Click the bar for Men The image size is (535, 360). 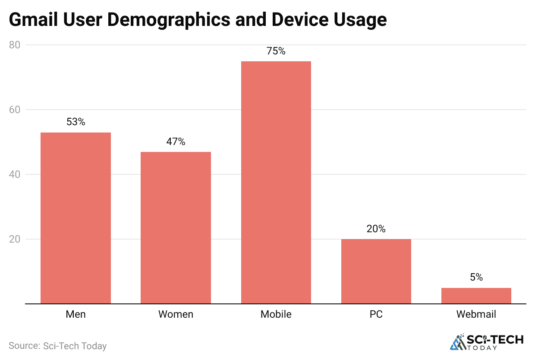[x=76, y=218]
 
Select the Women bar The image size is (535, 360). [x=176, y=227]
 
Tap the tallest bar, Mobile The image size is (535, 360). [x=276, y=182]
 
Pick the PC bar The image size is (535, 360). [x=376, y=271]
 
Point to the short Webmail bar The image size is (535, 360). [x=476, y=296]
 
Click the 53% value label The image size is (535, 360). [x=76, y=122]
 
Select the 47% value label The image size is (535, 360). [x=176, y=142]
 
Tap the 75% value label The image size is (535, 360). [x=276, y=51]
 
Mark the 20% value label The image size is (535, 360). [x=376, y=229]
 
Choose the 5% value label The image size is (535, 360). [x=476, y=278]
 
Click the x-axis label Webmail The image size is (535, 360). [x=476, y=314]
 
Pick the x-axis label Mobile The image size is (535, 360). [x=276, y=314]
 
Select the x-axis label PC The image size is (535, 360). [x=376, y=314]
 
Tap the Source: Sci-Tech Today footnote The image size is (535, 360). [x=57, y=346]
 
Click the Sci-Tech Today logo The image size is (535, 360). [x=486, y=342]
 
